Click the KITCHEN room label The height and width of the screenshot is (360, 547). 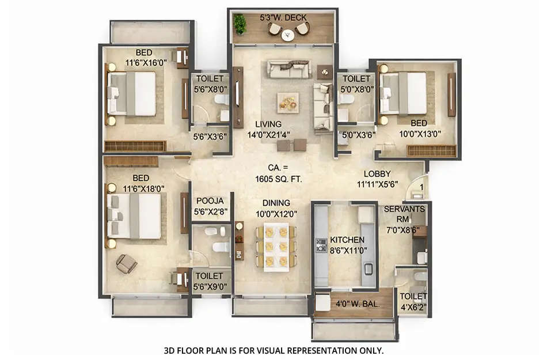(347, 240)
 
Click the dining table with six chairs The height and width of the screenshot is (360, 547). (276, 246)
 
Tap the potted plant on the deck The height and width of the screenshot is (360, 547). (240, 24)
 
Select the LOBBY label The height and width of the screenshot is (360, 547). (377, 173)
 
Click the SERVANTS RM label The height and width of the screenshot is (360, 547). (404, 213)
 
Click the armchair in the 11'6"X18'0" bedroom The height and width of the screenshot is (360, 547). (126, 263)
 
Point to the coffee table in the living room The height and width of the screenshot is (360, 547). (287, 102)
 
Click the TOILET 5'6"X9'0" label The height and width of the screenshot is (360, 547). (210, 281)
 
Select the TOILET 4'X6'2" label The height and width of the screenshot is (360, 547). (413, 301)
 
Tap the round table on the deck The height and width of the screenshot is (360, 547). (288, 35)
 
